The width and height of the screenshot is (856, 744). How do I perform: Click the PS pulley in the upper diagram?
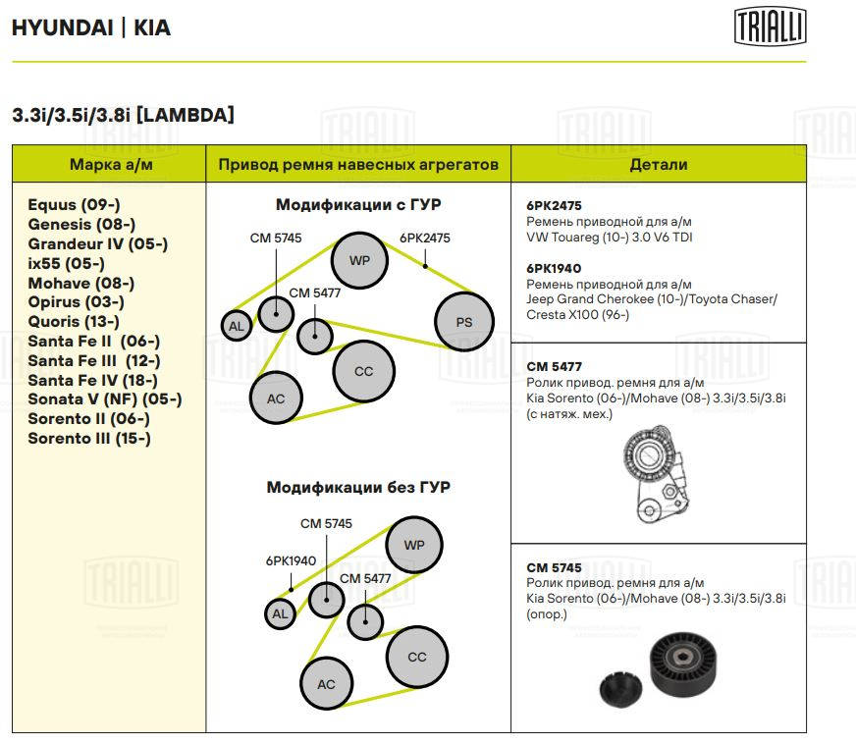(463, 322)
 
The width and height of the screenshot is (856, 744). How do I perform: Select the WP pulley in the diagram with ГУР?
(359, 261)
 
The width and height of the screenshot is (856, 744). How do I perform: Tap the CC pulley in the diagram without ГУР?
(417, 657)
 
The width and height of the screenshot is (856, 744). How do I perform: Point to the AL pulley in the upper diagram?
(236, 326)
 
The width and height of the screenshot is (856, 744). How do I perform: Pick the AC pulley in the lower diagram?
(326, 685)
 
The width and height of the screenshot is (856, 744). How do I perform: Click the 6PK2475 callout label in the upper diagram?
(424, 238)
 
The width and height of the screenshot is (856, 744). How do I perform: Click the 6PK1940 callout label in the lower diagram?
(291, 561)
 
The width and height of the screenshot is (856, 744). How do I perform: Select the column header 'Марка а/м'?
(111, 164)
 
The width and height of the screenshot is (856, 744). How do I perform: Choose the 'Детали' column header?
(658, 164)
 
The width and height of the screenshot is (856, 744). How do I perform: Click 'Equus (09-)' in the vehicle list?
(74, 205)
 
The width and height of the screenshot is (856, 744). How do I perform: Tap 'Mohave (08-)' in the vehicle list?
(80, 283)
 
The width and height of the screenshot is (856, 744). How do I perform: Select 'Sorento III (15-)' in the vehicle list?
(89, 438)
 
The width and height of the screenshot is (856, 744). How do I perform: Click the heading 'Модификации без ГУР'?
(358, 487)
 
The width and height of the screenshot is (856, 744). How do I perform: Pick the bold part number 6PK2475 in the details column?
(554, 207)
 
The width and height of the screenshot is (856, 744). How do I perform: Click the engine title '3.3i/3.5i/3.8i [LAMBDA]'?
(123, 116)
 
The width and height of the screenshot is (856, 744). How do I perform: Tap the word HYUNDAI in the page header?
(59, 27)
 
